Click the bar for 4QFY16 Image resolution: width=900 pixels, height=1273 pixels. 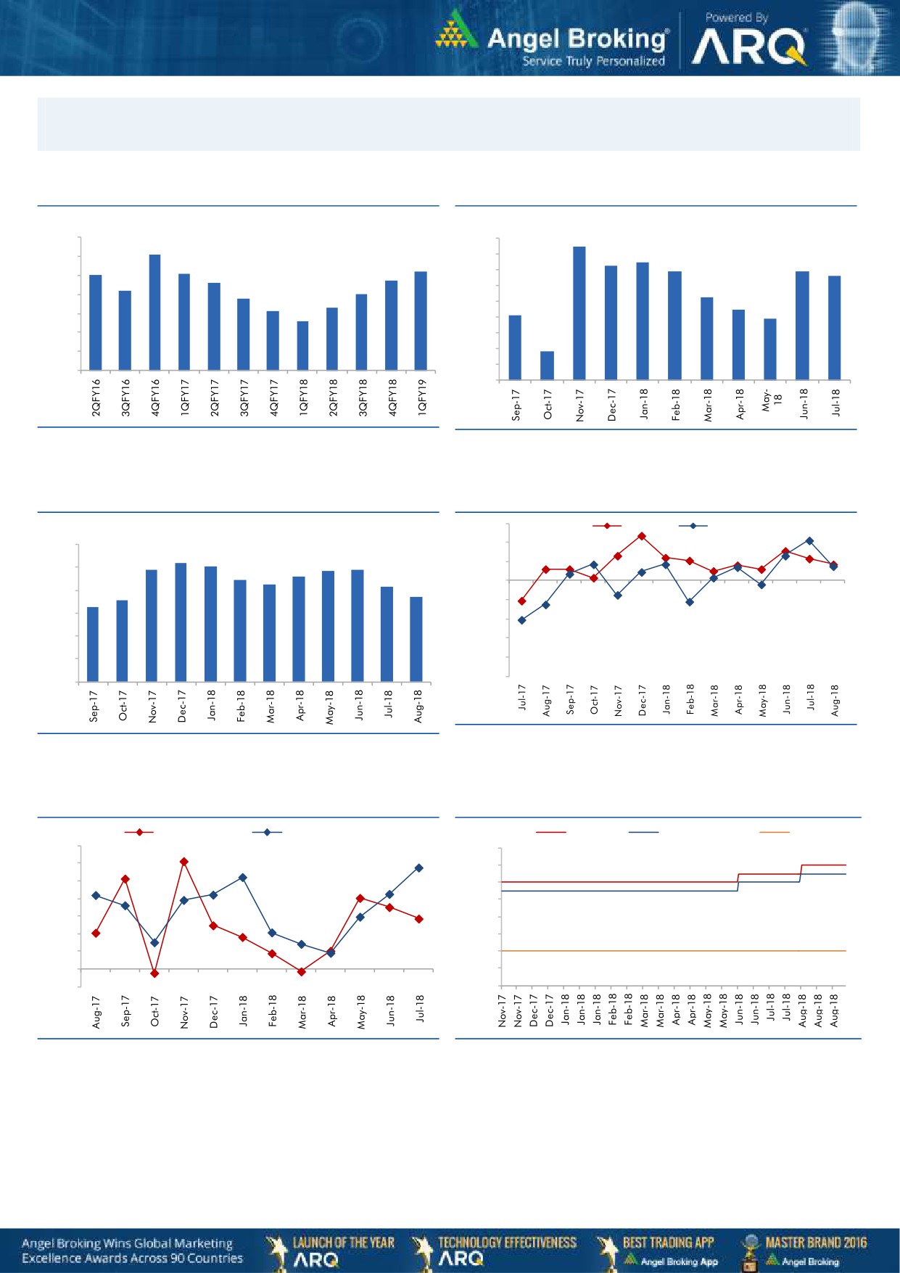pos(154,312)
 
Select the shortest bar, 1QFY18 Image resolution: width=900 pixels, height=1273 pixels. pos(303,345)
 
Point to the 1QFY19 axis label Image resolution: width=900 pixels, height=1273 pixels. pos(422,397)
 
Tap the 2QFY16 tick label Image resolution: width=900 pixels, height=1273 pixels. pos(96,397)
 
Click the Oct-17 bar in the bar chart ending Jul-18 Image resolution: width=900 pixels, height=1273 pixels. pos(547,366)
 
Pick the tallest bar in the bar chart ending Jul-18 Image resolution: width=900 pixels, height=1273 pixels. pos(579,313)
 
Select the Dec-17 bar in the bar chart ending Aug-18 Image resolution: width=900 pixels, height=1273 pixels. pos(181,622)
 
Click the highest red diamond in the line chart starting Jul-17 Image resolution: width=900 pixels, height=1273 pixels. pos(642,536)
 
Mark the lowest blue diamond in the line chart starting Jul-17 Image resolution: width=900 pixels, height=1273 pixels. pos(521,620)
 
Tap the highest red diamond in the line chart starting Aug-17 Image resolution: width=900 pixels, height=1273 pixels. pos(184,862)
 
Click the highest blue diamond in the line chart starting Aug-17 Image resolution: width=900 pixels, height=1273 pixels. pos(419,868)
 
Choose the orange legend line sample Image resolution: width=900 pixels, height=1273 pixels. pos(774,832)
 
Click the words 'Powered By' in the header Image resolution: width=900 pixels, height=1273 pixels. pos(736,17)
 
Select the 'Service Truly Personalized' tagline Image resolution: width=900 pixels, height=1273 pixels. pos(593,62)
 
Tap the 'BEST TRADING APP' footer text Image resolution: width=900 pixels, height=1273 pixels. pos(668,1243)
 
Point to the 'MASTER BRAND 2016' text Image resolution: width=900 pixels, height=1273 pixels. pos(815,1243)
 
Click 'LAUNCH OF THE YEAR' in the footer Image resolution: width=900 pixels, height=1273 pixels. pos(343,1243)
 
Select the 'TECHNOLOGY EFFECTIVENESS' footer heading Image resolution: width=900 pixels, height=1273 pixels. pos(507,1243)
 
